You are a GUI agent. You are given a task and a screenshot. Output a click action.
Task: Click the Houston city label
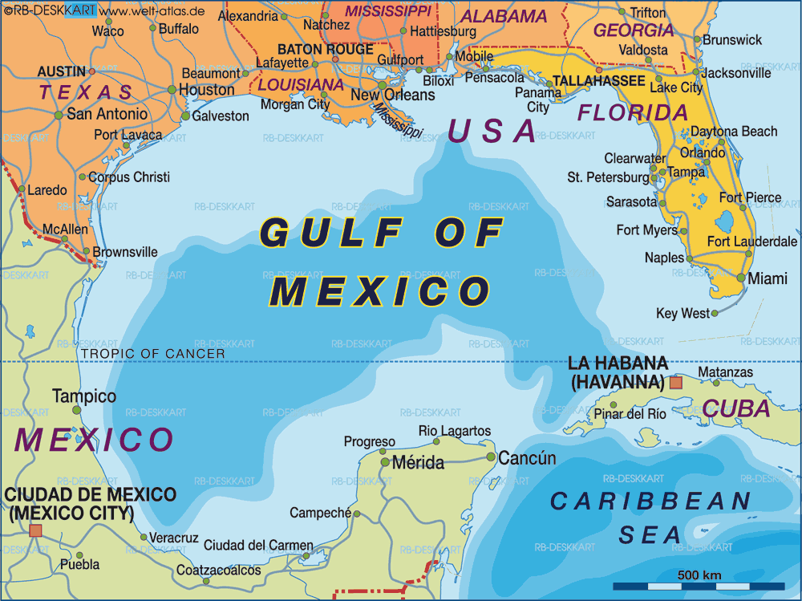[x=206, y=90]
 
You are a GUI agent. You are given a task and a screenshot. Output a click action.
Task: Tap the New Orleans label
[x=393, y=95]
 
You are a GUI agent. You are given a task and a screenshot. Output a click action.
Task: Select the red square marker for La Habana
[x=675, y=383]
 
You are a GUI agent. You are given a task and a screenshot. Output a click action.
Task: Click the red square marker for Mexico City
[x=35, y=530]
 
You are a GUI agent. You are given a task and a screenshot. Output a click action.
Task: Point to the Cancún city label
[x=527, y=458]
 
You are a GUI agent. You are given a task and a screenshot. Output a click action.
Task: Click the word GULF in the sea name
[x=330, y=233]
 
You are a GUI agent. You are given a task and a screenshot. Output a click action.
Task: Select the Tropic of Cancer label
[x=152, y=353]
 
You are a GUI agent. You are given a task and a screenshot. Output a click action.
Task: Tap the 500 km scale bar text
[x=699, y=575]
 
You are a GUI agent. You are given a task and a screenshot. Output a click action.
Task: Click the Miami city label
[x=768, y=279]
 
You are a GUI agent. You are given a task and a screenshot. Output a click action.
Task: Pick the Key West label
[x=683, y=314]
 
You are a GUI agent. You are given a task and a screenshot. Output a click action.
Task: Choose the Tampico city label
[x=84, y=396]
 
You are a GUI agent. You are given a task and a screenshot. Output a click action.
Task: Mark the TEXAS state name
[x=87, y=91]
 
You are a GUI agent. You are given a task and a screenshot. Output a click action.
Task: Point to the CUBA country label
[x=737, y=409]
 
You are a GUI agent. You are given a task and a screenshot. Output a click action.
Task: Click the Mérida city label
[x=418, y=463]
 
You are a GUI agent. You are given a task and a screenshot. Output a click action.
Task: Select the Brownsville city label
[x=125, y=252]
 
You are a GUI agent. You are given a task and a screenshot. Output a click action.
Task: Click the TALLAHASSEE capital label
[x=599, y=81]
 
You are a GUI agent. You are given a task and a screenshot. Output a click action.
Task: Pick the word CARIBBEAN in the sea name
[x=650, y=502]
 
